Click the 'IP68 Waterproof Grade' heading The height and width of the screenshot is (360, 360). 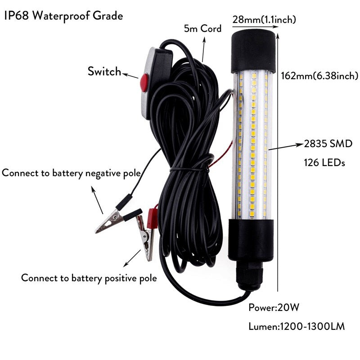click(63, 16)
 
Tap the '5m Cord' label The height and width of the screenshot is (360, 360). click(202, 29)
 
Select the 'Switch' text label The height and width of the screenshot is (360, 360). click(104, 71)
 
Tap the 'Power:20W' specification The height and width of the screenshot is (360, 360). click(274, 308)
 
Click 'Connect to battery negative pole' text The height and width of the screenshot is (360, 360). click(71, 173)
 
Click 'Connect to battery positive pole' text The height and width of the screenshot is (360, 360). click(89, 278)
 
